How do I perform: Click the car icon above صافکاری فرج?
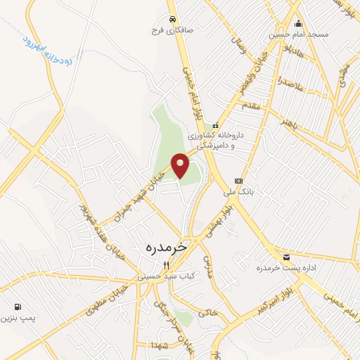coord(172,19)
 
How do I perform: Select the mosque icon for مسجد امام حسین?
coord(298,22)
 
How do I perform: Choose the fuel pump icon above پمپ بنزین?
coord(17,307)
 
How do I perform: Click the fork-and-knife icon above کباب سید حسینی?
coord(166,265)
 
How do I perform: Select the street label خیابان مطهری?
coord(106,299)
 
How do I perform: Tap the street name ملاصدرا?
coord(289,84)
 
